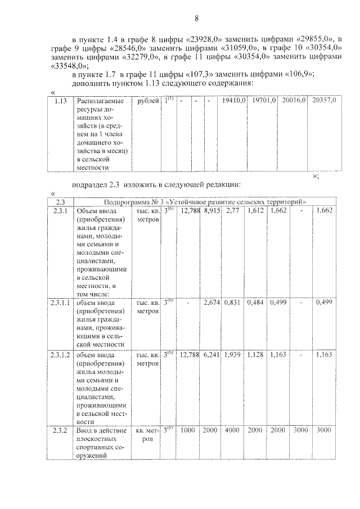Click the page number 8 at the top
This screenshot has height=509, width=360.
pos(197,18)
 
